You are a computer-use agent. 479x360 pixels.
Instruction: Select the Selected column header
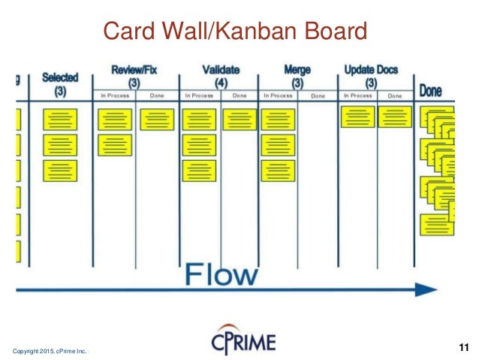pyautogui.click(x=60, y=77)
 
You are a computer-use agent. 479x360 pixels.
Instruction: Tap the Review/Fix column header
pyautogui.click(x=134, y=70)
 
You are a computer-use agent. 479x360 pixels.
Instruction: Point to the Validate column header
pyautogui.click(x=221, y=70)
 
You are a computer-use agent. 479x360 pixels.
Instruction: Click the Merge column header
pyautogui.click(x=298, y=70)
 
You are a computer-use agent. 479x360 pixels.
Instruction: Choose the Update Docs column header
pyautogui.click(x=371, y=70)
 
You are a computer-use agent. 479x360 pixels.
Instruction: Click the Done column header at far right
pyautogui.click(x=430, y=92)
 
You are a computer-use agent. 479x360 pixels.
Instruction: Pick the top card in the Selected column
pyautogui.click(x=60, y=120)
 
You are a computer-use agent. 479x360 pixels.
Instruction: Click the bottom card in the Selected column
pyautogui.click(x=60, y=171)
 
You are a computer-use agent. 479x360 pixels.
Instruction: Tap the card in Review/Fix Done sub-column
pyautogui.click(x=157, y=119)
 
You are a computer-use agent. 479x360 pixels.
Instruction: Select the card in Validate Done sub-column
pyautogui.click(x=239, y=119)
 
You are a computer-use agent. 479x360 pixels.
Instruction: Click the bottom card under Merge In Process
pyautogui.click(x=279, y=171)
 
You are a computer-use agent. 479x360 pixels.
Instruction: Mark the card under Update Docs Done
pyautogui.click(x=394, y=116)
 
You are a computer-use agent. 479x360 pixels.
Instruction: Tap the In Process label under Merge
pyautogui.click(x=278, y=95)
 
